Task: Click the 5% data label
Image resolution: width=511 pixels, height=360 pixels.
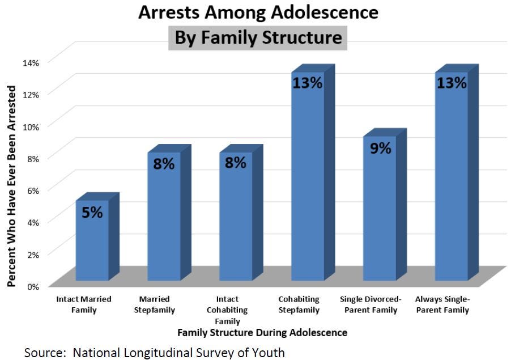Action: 92,213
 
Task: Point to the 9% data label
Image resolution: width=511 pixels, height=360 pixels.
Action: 380,149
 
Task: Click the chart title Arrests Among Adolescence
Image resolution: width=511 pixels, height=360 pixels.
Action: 258,12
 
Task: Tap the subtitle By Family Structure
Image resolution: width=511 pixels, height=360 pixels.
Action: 258,38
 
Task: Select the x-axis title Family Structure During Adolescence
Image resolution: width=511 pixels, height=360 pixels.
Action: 262,332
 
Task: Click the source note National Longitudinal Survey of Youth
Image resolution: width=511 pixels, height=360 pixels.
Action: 154,352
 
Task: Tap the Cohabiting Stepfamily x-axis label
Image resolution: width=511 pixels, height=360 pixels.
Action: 299,304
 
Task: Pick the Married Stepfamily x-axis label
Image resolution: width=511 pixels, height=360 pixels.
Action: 157,304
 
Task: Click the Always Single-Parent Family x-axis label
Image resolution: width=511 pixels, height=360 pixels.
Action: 442,304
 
